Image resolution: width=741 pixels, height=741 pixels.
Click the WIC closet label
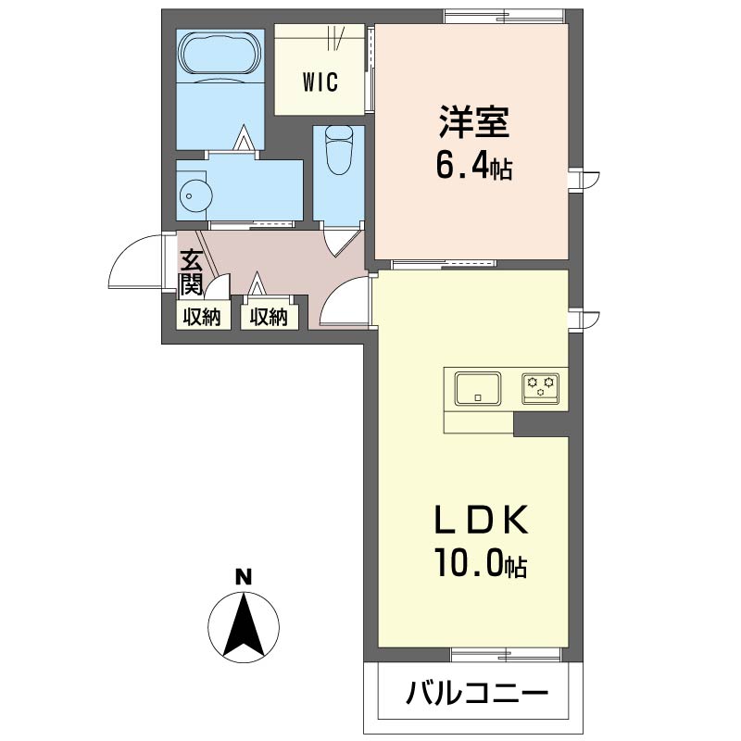(x=320, y=81)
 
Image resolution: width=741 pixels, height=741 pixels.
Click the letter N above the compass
(x=244, y=577)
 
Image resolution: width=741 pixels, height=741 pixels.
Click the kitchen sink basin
(x=477, y=387)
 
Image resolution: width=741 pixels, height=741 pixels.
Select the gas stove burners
(x=540, y=387)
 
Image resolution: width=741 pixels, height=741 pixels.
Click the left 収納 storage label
(x=201, y=317)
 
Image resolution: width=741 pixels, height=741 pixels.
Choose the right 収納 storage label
(x=268, y=317)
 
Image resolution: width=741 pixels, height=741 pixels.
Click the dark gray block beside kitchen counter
(x=541, y=423)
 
